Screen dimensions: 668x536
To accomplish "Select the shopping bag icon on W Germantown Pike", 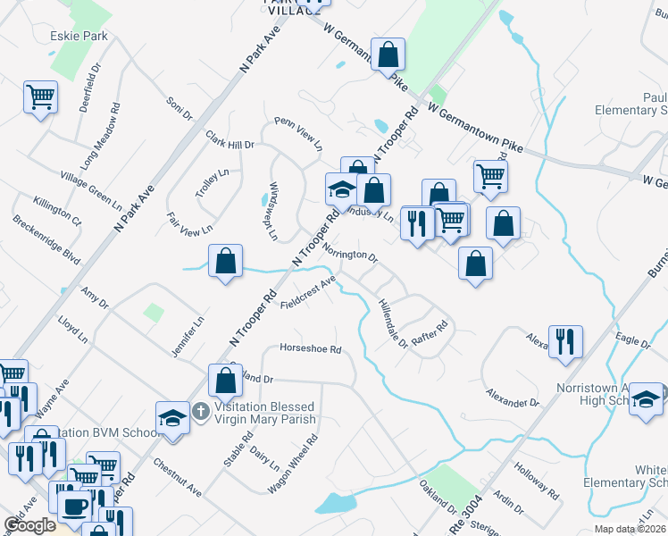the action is pyautogui.click(x=388, y=54).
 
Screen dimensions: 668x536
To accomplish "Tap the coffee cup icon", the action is pyautogui.click(x=74, y=507).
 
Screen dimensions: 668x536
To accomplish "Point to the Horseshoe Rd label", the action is pyautogui.click(x=311, y=348).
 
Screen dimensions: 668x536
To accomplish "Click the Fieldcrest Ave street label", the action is pyautogui.click(x=307, y=294).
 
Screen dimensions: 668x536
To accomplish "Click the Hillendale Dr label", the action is pyautogui.click(x=392, y=322).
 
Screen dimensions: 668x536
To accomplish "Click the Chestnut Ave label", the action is pyautogui.click(x=178, y=479).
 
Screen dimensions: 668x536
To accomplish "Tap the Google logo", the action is pyautogui.click(x=29, y=525).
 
